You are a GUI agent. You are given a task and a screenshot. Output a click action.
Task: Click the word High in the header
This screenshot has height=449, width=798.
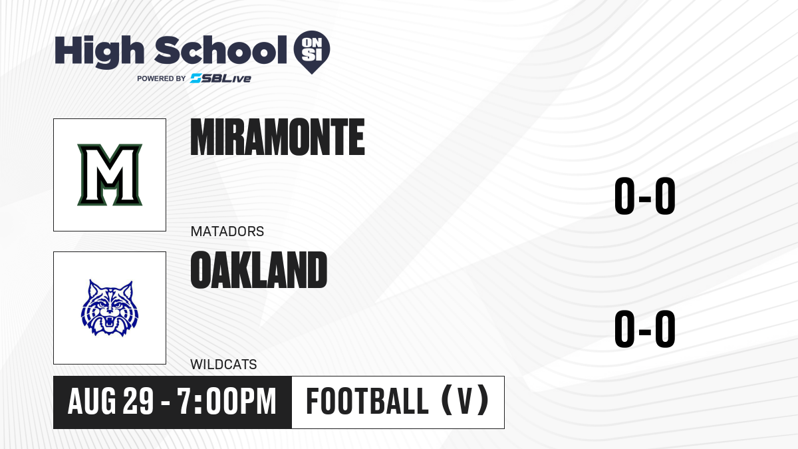(99, 51)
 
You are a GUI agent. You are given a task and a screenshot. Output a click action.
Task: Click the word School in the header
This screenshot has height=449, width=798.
(221, 49)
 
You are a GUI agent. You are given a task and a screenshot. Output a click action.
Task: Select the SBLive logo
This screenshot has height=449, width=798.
(221, 78)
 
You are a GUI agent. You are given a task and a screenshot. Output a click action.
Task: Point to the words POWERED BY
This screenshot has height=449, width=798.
(162, 78)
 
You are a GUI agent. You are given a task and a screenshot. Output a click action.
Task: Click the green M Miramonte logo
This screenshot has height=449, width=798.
(110, 174)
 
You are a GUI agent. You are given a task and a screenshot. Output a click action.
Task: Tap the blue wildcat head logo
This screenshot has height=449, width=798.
(110, 308)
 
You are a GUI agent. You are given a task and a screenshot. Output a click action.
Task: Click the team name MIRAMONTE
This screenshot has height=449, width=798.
(277, 137)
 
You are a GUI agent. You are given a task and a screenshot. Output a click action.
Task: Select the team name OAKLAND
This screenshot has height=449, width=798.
(259, 269)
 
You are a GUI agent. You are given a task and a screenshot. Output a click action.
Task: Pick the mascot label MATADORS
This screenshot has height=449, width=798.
(227, 231)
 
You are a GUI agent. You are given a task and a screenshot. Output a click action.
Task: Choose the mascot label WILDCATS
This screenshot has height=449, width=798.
(223, 365)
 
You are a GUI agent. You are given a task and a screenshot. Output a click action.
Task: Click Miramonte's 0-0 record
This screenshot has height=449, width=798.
(645, 196)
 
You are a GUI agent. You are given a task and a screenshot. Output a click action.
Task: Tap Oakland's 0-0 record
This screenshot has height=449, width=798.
(645, 329)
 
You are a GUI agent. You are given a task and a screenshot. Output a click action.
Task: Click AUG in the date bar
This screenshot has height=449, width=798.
(92, 401)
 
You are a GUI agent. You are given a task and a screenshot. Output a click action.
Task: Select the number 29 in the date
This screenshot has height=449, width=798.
(138, 401)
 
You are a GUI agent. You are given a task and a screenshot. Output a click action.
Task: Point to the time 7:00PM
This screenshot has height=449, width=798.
(227, 401)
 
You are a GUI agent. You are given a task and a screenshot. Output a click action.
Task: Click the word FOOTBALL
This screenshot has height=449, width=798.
(367, 401)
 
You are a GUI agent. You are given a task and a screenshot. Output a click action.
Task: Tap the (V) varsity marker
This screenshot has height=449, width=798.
(465, 400)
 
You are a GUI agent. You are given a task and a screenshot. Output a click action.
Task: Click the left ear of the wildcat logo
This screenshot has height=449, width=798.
(93, 288)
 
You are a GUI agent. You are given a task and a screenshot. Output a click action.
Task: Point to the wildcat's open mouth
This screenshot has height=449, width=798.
(109, 323)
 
